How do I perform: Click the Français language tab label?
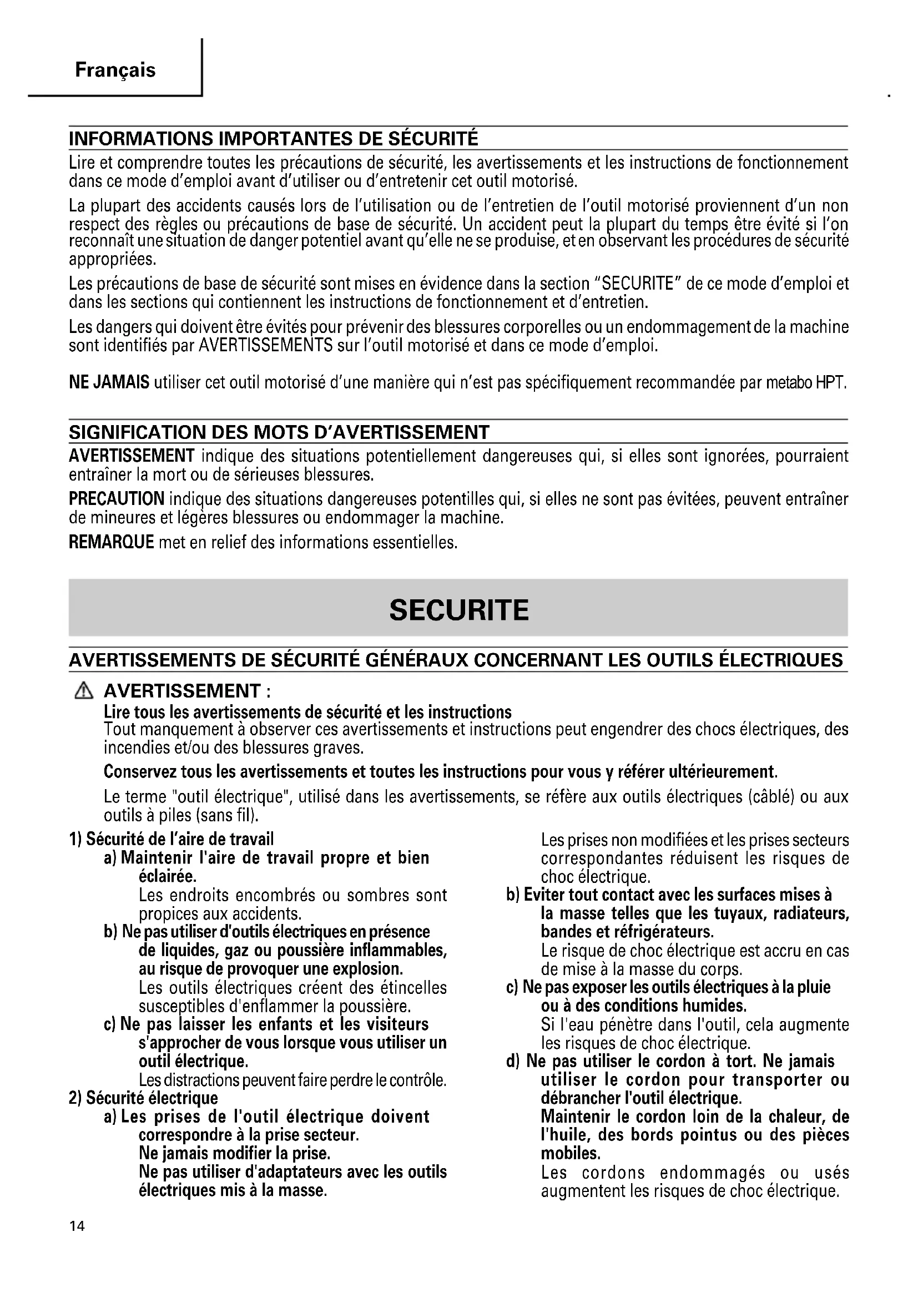(x=115, y=70)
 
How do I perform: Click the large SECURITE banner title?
(x=459, y=610)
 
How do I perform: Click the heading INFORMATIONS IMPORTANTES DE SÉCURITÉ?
(x=274, y=139)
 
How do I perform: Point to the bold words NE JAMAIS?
(x=109, y=383)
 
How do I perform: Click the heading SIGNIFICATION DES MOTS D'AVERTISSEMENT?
(x=279, y=432)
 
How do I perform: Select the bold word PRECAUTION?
(x=117, y=499)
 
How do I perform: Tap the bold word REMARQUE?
(x=112, y=542)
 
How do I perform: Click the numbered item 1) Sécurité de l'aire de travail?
(x=172, y=839)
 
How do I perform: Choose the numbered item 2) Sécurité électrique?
(x=144, y=1098)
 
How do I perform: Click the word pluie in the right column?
(x=813, y=987)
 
